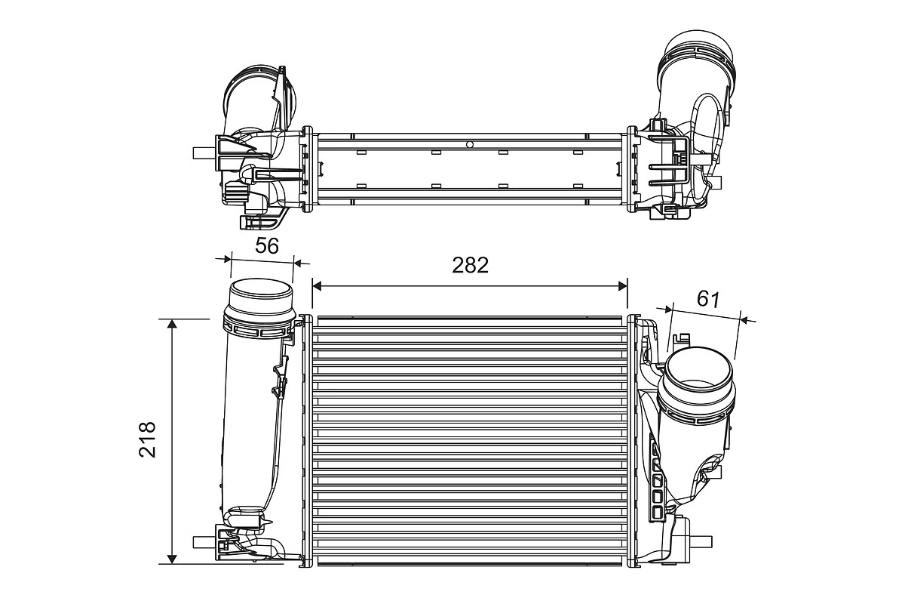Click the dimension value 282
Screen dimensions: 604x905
point(471,265)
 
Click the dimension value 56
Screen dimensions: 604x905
point(267,245)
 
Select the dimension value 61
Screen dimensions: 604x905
point(707,299)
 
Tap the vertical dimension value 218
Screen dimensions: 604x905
point(147,439)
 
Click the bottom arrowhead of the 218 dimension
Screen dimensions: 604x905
point(173,558)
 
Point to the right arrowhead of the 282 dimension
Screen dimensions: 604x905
point(622,285)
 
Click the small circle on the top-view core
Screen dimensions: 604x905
point(469,144)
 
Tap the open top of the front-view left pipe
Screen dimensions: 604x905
point(260,290)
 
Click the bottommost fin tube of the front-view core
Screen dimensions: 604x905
point(469,559)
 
